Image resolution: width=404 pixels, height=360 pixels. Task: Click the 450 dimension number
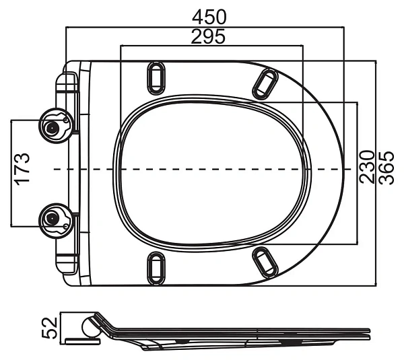click(209, 17)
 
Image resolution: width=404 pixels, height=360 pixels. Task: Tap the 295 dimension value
click(208, 36)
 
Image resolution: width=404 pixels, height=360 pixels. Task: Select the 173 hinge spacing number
click(22, 169)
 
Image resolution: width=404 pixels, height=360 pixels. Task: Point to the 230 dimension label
click(367, 167)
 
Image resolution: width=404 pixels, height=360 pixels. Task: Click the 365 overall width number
click(386, 168)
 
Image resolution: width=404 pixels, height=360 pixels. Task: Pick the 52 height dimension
click(49, 328)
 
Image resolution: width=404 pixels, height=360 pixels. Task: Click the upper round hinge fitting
click(56, 125)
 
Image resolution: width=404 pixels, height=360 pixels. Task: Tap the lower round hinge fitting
click(56, 221)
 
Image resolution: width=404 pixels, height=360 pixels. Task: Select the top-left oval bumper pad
click(156, 78)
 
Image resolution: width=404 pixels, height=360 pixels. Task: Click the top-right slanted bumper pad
click(265, 84)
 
